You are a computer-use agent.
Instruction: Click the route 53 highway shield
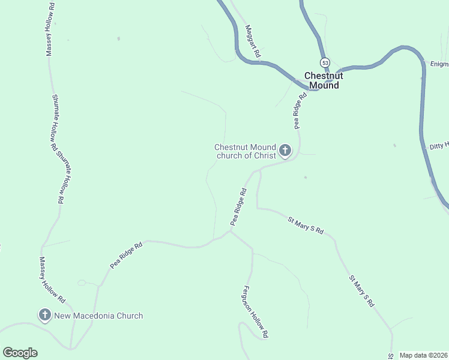325,62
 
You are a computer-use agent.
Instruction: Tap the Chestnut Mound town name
324,80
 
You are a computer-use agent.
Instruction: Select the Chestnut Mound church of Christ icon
285,150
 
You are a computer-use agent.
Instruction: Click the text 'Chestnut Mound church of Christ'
245,151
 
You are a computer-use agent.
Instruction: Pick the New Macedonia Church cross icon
44,314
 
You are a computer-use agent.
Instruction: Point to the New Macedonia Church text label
98,316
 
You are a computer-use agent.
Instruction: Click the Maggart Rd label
253,41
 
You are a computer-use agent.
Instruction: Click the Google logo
20,353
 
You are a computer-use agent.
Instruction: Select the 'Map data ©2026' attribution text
423,355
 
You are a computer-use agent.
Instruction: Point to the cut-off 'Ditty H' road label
439,146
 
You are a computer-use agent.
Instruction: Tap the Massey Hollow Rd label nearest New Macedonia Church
52,279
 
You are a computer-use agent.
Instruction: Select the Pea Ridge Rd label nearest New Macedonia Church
126,255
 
